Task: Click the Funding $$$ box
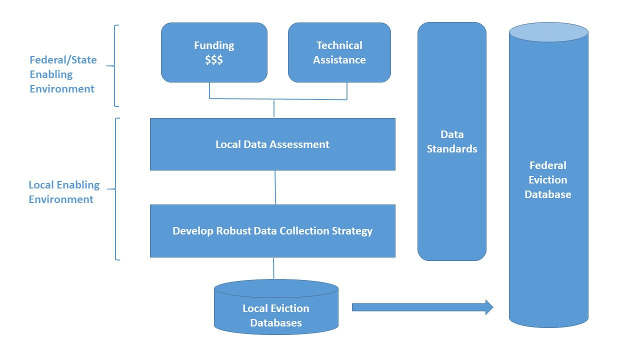(214, 52)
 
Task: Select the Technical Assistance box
(339, 52)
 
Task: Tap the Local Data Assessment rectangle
(272, 144)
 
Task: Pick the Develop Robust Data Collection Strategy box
(272, 231)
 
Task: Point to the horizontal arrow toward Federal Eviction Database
(420, 307)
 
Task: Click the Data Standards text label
(452, 141)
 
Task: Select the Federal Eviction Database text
(548, 180)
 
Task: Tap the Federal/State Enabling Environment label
(63, 74)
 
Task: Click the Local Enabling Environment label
(64, 192)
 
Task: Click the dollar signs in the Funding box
(213, 60)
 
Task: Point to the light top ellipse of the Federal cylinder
(548, 32)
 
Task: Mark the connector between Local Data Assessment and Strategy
(275, 187)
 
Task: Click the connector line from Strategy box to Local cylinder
(273, 268)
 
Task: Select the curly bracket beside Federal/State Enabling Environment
(115, 66)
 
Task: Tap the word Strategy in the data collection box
(352, 231)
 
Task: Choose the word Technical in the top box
(339, 45)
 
